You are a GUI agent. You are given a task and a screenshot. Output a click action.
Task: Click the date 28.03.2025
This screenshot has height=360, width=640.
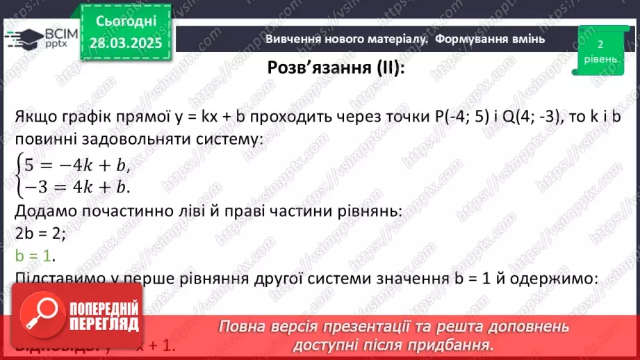pos(126,43)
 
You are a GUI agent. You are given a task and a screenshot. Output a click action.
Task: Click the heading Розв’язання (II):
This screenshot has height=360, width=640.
pos(335,68)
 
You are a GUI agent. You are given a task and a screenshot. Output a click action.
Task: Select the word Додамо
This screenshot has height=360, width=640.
pos(44,211)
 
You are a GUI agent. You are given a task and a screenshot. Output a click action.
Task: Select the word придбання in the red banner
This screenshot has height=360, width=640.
pos(448,344)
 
